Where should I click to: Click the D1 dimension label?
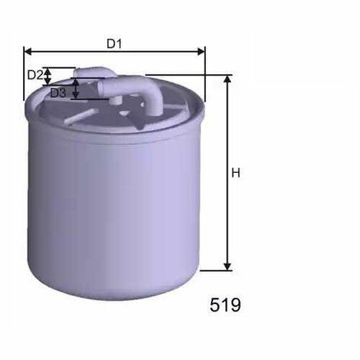click(114, 44)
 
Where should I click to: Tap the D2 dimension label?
click(35, 75)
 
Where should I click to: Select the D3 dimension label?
click(58, 93)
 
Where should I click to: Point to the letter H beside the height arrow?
click(236, 173)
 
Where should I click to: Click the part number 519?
click(225, 305)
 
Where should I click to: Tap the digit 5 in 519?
click(215, 305)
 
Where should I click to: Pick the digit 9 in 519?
click(235, 305)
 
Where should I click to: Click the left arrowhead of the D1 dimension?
click(28, 51)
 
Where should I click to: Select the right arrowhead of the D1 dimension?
click(201, 51)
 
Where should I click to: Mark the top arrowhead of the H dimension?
click(227, 79)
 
